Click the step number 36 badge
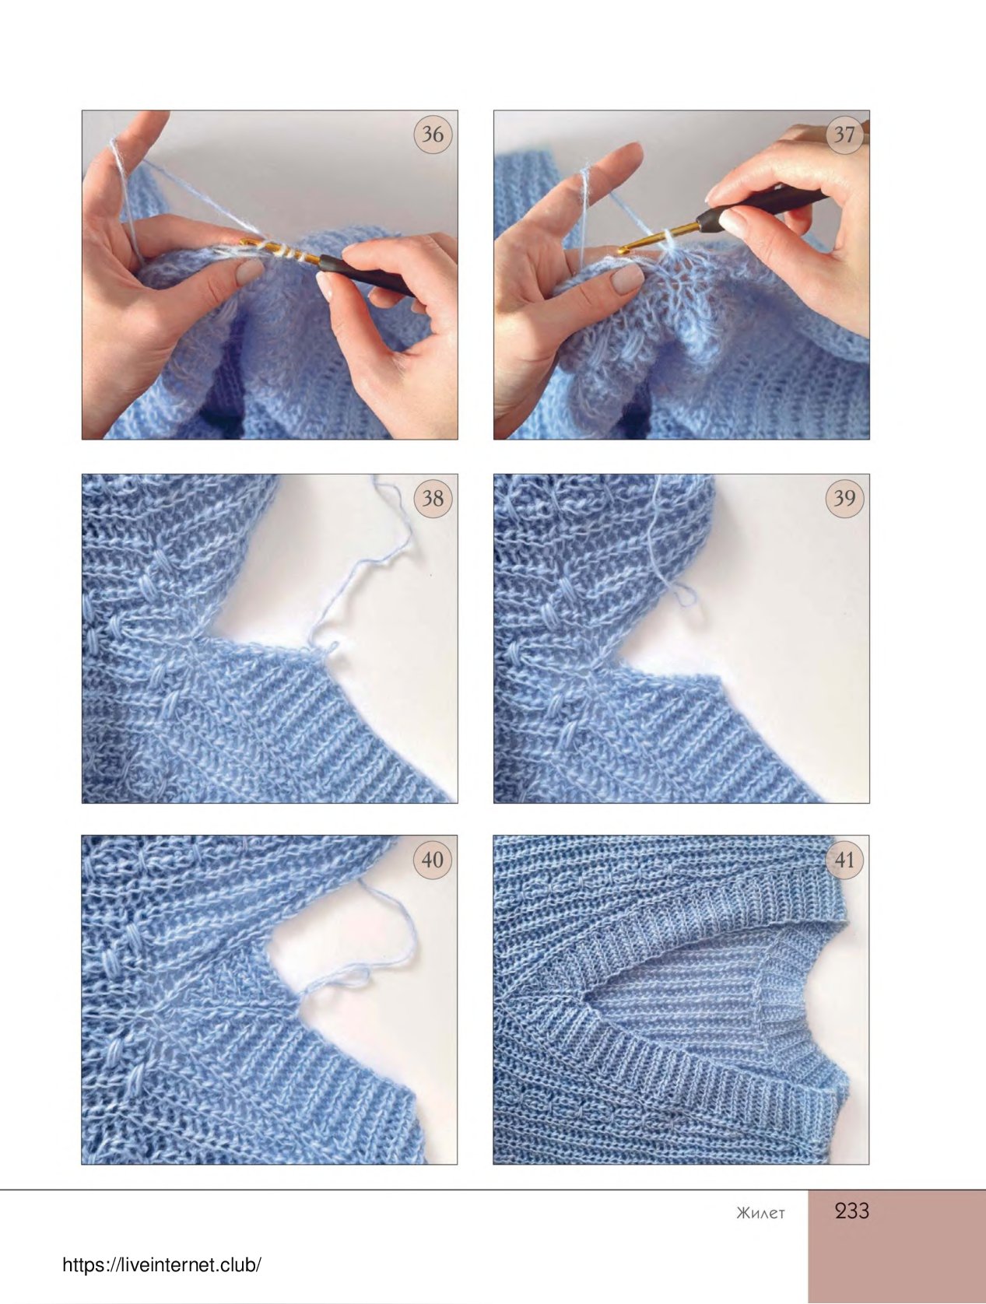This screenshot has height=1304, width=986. coord(433,135)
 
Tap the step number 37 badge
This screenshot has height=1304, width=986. coord(844,135)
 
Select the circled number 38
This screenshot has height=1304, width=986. coord(433,498)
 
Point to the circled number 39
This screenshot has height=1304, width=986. coord(844,498)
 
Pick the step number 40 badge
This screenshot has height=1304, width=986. coord(433,860)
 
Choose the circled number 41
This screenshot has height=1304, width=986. coord(844,860)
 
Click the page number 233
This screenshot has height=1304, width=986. coord(852,1211)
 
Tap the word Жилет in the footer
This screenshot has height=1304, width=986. coord(760,1213)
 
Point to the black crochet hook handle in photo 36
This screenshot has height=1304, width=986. coord(365,276)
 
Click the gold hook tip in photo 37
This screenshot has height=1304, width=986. coord(623,250)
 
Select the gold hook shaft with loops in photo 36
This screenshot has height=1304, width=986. coord(279,250)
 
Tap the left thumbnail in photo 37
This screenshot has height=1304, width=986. coord(628,278)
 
